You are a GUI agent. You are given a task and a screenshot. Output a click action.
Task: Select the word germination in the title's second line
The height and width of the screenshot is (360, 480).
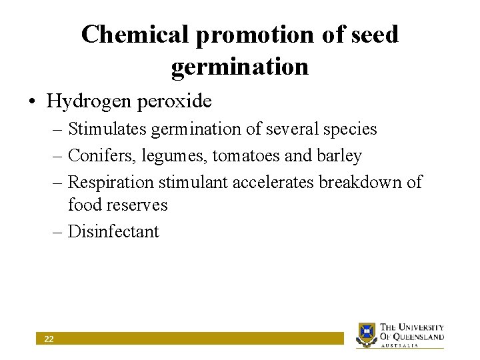point(240,67)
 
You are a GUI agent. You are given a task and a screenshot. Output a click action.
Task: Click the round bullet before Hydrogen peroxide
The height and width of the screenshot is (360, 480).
point(32,102)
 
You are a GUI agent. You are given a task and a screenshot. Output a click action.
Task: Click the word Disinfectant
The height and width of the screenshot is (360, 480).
point(114,232)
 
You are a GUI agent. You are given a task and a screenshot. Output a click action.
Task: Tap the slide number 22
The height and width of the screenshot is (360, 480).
point(49,339)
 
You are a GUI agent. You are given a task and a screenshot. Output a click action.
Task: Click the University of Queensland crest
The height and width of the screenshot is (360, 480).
point(366,334)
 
